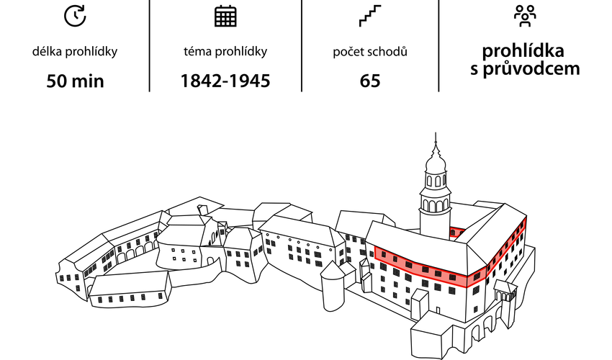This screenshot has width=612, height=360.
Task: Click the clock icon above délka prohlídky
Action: (x=75, y=16)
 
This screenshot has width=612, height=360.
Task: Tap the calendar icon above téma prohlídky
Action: (x=225, y=16)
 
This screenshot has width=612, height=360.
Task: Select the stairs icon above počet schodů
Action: (x=369, y=16)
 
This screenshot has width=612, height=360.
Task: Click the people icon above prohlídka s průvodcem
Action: (x=525, y=14)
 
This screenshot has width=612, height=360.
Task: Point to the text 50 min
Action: (x=75, y=81)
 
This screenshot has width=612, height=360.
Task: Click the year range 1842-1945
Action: (x=225, y=81)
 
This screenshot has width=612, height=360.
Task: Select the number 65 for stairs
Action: (x=370, y=81)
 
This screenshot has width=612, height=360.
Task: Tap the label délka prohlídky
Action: (x=75, y=52)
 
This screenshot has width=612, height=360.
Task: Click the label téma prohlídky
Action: (x=225, y=52)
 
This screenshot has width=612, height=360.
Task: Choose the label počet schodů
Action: (x=370, y=52)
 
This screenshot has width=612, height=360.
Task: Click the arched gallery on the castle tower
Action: (x=436, y=204)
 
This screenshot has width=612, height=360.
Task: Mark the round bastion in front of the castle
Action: (x=333, y=288)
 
